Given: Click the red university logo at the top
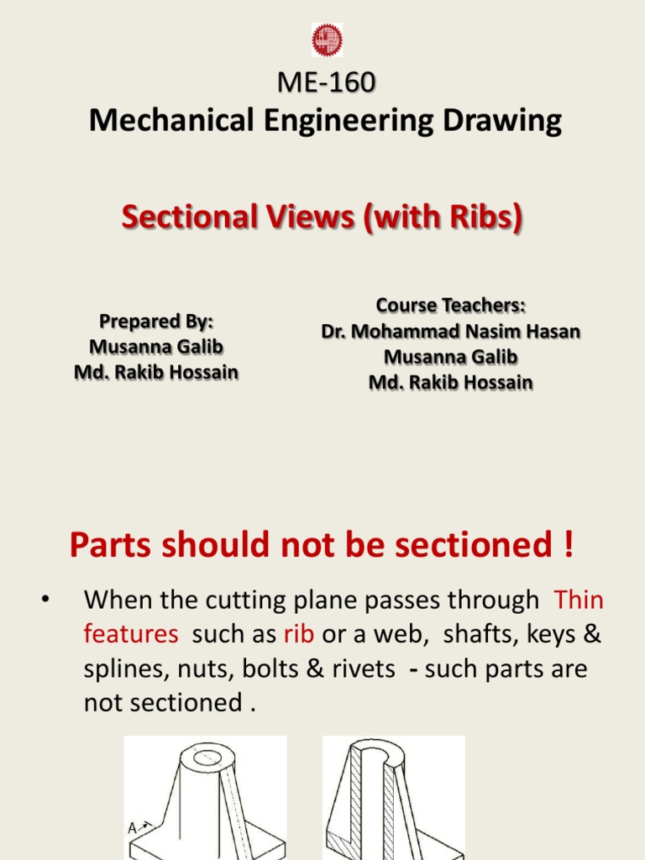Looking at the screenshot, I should (327, 40).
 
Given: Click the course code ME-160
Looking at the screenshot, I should (326, 83).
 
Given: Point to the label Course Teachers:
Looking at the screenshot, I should (450, 304).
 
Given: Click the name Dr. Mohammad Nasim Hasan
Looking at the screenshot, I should (450, 331).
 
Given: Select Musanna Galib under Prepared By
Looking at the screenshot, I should (156, 347).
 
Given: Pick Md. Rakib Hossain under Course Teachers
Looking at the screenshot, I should (450, 383).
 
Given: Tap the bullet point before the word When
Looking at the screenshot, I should (44, 600).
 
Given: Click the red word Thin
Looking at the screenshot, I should (579, 600).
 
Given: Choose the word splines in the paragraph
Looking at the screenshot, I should (121, 669).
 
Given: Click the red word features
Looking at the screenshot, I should (131, 635).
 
